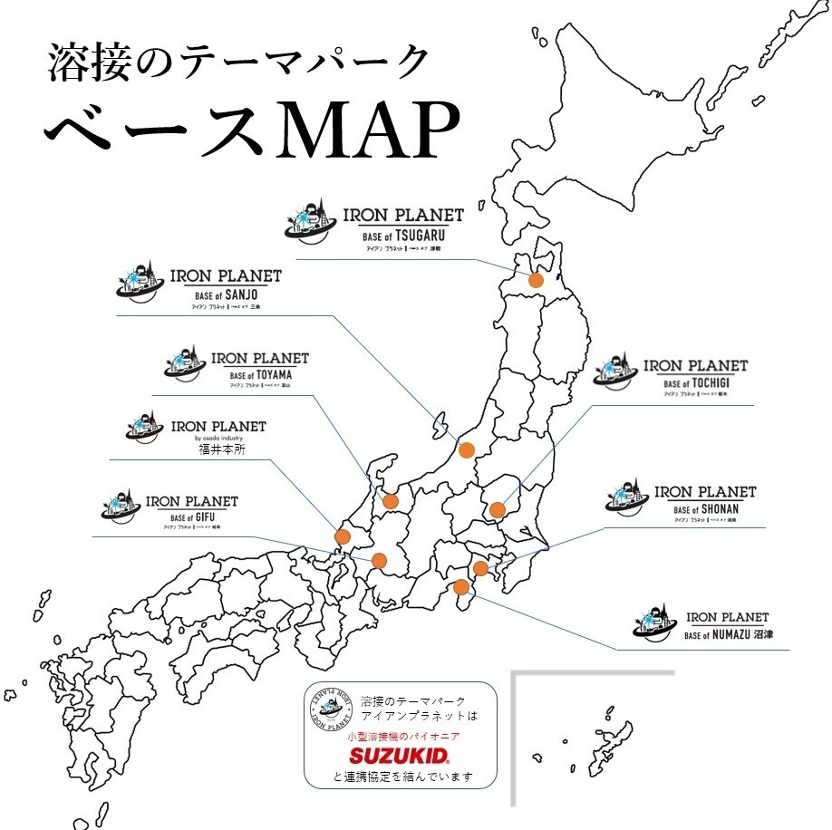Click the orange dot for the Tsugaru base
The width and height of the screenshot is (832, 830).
[x=536, y=281]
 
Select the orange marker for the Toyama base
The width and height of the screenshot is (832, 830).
[x=391, y=501]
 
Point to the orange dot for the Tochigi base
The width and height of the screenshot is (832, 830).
[x=497, y=509]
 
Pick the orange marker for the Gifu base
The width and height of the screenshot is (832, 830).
[x=379, y=560]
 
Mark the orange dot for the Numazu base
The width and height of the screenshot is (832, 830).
[x=461, y=586]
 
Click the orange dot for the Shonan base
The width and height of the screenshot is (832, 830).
[x=481, y=569]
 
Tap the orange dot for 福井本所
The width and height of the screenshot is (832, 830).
[x=343, y=536]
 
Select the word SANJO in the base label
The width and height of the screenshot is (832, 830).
[x=236, y=294]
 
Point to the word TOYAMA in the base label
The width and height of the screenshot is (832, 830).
[x=272, y=375]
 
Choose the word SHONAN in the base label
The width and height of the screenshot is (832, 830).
[x=720, y=509]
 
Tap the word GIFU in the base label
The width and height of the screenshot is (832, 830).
[x=204, y=517]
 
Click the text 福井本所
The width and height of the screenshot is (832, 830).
[x=221, y=448]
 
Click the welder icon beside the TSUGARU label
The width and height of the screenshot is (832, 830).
[x=309, y=222]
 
